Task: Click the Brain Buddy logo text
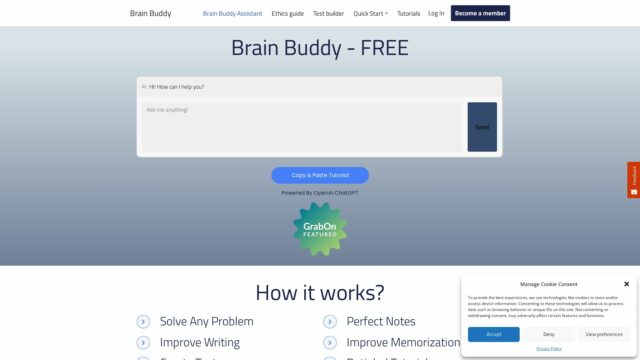[x=151, y=13]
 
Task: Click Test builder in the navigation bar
[x=329, y=13]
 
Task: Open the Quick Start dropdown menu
[x=371, y=13]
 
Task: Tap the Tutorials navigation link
[x=408, y=13]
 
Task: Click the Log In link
[x=436, y=13]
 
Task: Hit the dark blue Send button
[x=482, y=127]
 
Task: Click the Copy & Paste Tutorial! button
[x=320, y=175]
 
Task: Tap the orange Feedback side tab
[x=633, y=180]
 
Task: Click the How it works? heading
[x=320, y=293]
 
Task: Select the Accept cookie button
[x=494, y=334]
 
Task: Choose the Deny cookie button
[x=549, y=334]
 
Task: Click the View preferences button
[x=604, y=334]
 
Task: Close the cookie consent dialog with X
[x=626, y=284]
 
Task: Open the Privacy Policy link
[x=549, y=348]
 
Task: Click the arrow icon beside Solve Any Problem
[x=143, y=322]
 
